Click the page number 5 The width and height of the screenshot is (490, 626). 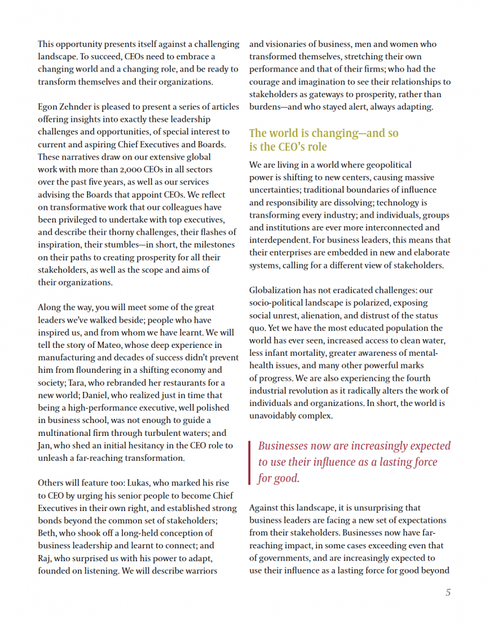(x=448, y=592)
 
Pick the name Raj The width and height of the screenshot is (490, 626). (x=46, y=559)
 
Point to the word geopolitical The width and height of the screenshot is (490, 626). (x=384, y=164)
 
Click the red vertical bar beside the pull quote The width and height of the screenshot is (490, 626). (x=250, y=462)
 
